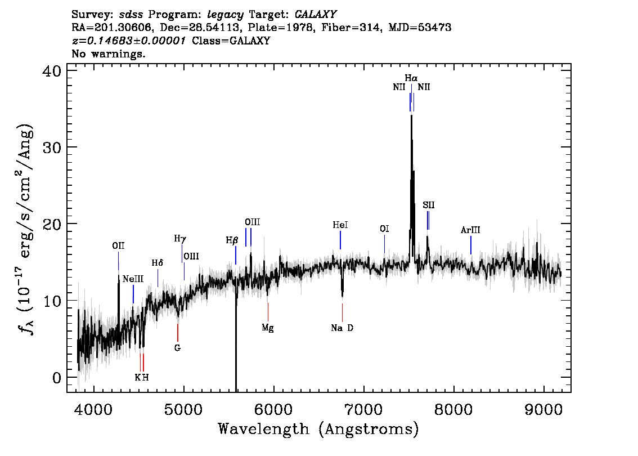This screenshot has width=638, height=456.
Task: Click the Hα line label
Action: click(x=411, y=78)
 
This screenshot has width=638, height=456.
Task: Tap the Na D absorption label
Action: click(x=342, y=328)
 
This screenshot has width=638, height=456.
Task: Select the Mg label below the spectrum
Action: click(x=268, y=328)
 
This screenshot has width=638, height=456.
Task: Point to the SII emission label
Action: click(x=429, y=205)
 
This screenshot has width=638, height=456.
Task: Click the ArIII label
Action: click(x=470, y=230)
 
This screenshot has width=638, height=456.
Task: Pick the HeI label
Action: click(x=340, y=225)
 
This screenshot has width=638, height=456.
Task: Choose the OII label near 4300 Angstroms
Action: click(x=118, y=245)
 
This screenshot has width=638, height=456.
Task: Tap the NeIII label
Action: click(x=133, y=279)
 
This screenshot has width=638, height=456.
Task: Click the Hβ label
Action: click(x=232, y=240)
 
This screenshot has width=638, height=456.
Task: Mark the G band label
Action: click(x=177, y=348)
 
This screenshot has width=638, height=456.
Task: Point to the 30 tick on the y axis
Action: click(x=52, y=147)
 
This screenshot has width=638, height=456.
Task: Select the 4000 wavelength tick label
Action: click(x=94, y=409)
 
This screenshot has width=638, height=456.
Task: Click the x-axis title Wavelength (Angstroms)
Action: click(x=318, y=429)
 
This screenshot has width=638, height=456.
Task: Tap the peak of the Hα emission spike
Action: click(x=411, y=115)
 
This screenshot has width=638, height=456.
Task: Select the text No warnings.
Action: click(x=108, y=53)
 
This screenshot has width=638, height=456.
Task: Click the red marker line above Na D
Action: click(x=342, y=312)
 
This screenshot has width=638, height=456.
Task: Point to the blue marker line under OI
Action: click(x=384, y=244)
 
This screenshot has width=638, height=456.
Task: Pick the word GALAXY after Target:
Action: click(x=316, y=15)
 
